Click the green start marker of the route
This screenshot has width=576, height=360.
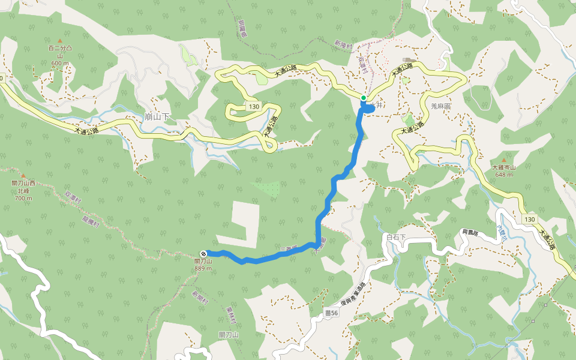[364, 98]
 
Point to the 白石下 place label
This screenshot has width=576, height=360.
[396, 238]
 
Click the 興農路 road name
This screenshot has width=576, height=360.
[472, 232]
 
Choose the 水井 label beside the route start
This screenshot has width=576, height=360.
[377, 105]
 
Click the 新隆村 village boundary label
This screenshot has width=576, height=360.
[344, 45]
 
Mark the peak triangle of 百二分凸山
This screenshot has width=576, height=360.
[60, 41]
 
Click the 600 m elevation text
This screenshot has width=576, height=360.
[60, 63]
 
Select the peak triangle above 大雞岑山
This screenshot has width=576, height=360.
[503, 160]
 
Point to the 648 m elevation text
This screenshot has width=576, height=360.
[504, 175]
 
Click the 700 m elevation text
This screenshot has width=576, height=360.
[23, 198]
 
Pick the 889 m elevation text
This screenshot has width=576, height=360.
[203, 268]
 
